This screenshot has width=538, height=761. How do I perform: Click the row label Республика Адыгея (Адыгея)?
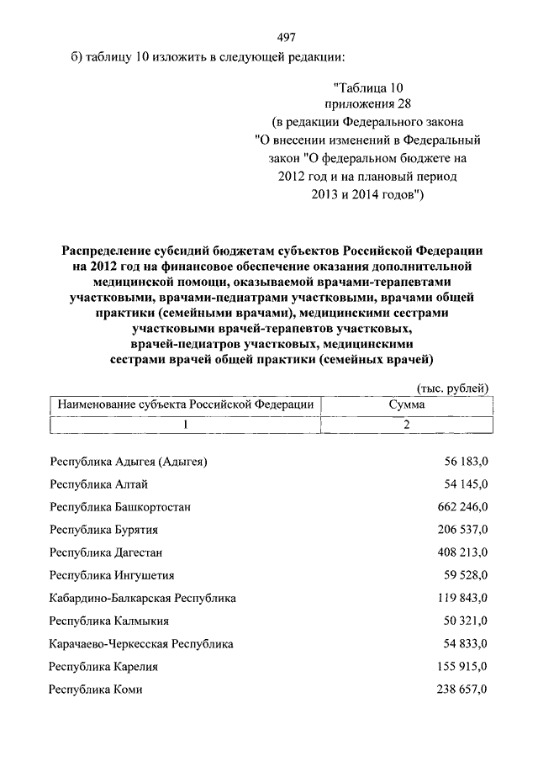pyautogui.click(x=128, y=462)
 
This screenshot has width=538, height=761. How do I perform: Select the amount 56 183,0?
pyautogui.click(x=467, y=462)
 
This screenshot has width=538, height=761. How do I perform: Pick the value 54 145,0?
pyautogui.click(x=467, y=484)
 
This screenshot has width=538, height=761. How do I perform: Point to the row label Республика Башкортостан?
pyautogui.click(x=120, y=507)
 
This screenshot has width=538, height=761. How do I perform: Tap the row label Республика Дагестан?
pyautogui.click(x=106, y=552)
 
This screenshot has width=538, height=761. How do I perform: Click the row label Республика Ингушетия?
pyautogui.click(x=112, y=576)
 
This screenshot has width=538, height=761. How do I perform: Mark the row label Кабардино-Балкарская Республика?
pyautogui.click(x=142, y=599)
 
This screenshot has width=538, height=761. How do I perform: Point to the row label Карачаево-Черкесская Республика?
pyautogui.click(x=141, y=644)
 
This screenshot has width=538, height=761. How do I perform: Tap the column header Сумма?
pyautogui.click(x=406, y=404)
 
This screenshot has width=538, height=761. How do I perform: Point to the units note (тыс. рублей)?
pyautogui.click(x=453, y=387)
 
